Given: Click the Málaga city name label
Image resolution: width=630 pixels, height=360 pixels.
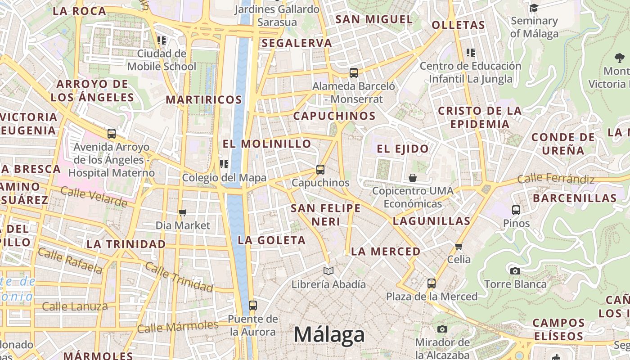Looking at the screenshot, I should [x=329, y=335].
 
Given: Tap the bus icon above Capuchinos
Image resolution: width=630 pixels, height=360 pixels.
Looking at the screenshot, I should [x=320, y=170].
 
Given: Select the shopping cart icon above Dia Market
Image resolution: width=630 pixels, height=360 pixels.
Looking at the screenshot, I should [x=182, y=212].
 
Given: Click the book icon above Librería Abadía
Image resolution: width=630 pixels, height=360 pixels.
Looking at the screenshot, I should [x=328, y=271].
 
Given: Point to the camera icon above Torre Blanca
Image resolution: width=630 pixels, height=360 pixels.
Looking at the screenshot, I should [x=515, y=271].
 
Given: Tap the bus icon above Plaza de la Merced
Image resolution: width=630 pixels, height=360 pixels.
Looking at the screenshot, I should [x=431, y=283].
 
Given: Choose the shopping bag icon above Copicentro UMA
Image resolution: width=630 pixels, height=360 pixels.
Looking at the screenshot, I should [x=412, y=178].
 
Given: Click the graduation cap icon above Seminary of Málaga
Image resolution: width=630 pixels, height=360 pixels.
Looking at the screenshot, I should [x=534, y=8].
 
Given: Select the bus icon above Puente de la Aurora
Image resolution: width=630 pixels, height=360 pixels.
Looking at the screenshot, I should [x=252, y=306].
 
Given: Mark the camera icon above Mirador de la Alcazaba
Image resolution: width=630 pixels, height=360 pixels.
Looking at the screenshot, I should [x=442, y=329].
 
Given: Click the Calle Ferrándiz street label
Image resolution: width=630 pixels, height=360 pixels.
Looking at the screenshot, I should [x=556, y=179].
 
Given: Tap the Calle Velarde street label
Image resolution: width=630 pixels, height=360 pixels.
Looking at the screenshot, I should [x=94, y=197].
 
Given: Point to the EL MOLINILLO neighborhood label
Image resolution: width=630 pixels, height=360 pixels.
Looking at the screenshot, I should [x=267, y=144].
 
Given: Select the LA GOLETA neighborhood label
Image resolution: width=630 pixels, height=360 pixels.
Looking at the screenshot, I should [x=272, y=240].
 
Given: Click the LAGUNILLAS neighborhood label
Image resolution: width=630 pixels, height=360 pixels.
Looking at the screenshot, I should [x=431, y=221].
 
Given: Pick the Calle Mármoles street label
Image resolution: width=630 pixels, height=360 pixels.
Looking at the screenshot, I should [x=178, y=326].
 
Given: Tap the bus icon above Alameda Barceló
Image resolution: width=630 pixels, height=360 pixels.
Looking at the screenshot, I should [x=353, y=72].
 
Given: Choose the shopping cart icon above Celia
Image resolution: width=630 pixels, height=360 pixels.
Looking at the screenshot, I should [x=459, y=246].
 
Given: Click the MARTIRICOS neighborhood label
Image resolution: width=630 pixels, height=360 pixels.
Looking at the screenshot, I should [x=204, y=100].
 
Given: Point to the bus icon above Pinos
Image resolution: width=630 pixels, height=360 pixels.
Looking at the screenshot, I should [x=516, y=210].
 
